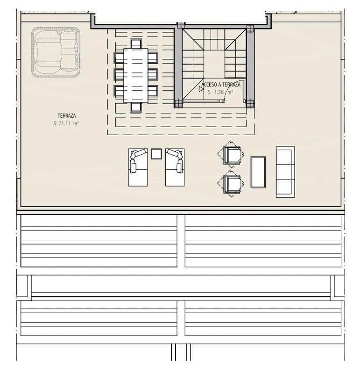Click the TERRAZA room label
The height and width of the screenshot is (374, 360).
point(67,115)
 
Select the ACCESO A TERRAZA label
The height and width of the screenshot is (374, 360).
point(221,85)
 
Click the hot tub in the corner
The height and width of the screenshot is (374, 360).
point(56,52)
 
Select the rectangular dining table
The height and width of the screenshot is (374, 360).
point(136,75)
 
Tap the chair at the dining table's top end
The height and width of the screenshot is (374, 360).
point(136,44)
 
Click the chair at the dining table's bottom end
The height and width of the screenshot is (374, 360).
point(136,107)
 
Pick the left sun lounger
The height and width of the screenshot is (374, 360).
point(138,167)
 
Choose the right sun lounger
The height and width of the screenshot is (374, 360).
point(175,167)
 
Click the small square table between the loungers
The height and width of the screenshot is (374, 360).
point(156,154)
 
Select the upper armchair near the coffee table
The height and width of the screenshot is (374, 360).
point(232,155)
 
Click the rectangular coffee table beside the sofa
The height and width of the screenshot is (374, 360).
point(258,172)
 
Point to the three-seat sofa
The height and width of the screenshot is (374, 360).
point(285,172)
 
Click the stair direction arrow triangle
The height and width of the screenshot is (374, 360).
point(201,89)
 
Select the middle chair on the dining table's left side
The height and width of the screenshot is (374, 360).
point(119,74)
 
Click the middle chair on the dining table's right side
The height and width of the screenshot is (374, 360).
point(153,74)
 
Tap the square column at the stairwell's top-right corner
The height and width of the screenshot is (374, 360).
point(250,29)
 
